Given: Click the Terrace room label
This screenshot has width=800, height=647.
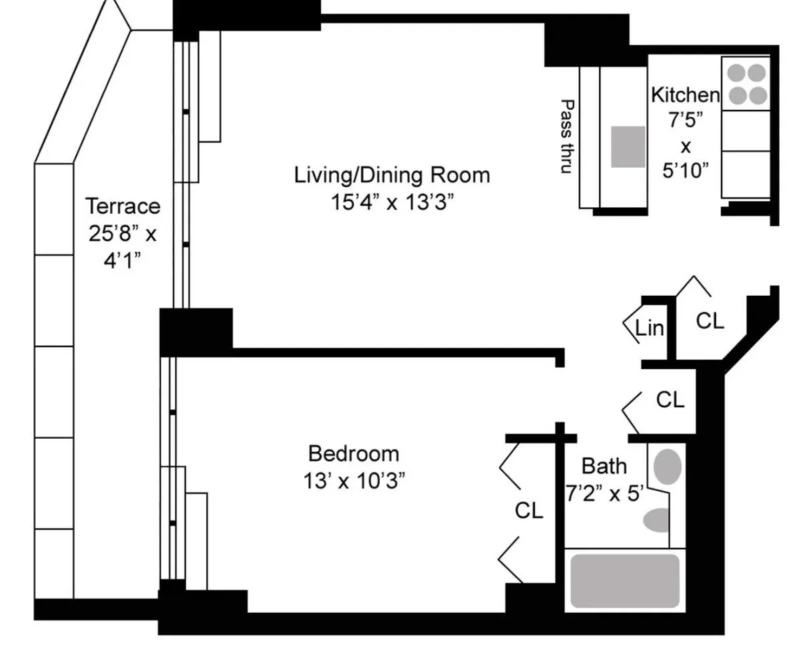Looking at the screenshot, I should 123,206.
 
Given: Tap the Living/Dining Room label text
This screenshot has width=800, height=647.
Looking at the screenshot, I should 392,175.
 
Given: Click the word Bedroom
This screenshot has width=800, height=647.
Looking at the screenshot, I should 353,454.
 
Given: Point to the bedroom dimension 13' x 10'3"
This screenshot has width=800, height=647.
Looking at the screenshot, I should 353,480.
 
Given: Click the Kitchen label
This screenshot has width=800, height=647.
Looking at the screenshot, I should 685,95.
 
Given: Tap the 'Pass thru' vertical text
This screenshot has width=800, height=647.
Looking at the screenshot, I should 567,137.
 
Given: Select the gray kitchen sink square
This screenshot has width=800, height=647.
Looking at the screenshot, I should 628,147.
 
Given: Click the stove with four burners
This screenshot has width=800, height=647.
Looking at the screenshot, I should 747,83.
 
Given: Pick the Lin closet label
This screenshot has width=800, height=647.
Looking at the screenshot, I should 649,328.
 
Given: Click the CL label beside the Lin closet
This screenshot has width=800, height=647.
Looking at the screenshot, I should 709,321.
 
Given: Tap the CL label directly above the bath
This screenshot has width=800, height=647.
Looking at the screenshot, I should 670,400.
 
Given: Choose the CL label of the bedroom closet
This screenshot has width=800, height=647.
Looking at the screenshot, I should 529,511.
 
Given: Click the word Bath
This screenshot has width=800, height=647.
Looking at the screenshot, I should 604,466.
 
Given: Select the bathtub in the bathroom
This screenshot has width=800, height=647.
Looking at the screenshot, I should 625,580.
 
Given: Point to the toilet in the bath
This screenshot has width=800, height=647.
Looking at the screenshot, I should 659,520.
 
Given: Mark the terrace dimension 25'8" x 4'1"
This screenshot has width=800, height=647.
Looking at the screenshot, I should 123,246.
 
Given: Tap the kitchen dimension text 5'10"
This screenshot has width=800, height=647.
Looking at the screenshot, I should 685,171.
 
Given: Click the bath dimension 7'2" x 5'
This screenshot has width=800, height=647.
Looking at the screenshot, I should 605,494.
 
